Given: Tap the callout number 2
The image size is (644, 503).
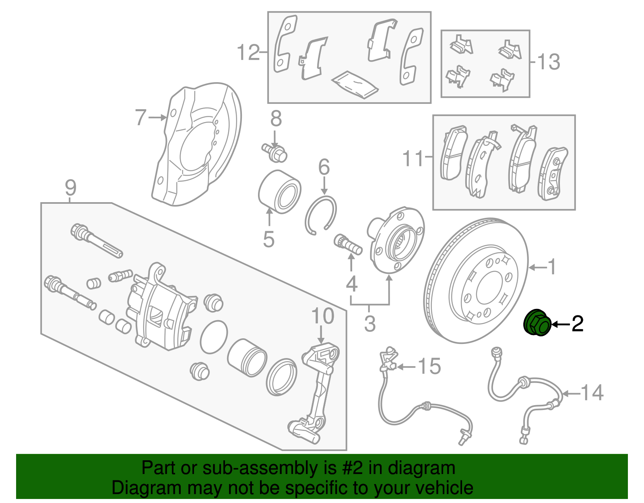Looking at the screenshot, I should (577, 323).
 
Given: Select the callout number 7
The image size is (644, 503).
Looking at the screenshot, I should (140, 117).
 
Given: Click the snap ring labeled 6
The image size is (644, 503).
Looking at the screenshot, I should (321, 214).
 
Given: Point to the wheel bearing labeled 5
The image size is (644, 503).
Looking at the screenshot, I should (279, 192).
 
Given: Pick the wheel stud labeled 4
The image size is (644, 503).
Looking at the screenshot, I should (348, 244).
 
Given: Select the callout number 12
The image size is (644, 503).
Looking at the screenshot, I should (248, 52).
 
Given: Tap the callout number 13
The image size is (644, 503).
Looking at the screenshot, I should (549, 62).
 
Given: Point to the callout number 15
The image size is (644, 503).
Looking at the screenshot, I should (429, 366).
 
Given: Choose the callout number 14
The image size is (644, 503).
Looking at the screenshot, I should (592, 393).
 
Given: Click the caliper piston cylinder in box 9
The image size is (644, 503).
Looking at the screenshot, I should (247, 357).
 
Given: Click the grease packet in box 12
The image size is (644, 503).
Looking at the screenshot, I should (355, 84).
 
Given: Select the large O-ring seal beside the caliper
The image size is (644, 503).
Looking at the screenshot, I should (214, 337).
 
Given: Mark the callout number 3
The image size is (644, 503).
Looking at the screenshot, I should (369, 323).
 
